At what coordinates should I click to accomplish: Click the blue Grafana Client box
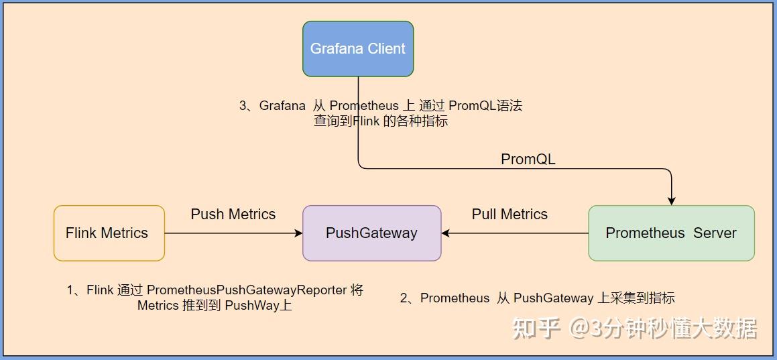[x=357, y=49]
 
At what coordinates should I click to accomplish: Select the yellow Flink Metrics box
[x=109, y=233]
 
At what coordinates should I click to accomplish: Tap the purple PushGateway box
[x=371, y=233]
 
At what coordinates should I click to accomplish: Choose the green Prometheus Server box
[x=671, y=233]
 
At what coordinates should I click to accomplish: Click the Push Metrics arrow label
[x=233, y=215]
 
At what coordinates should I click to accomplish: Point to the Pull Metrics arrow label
[x=510, y=215]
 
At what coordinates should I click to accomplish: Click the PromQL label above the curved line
[x=528, y=160]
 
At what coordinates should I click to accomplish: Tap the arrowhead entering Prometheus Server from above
[x=671, y=201]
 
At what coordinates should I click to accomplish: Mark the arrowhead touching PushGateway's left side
[x=298, y=233]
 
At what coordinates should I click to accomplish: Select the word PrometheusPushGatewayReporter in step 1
[x=247, y=290]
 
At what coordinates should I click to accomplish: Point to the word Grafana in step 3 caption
[x=282, y=106]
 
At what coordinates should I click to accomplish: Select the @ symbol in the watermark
[x=579, y=328]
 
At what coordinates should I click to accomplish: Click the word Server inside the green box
[x=715, y=233]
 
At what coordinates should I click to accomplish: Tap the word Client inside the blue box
[x=385, y=49]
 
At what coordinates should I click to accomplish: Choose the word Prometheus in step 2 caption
[x=455, y=298]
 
